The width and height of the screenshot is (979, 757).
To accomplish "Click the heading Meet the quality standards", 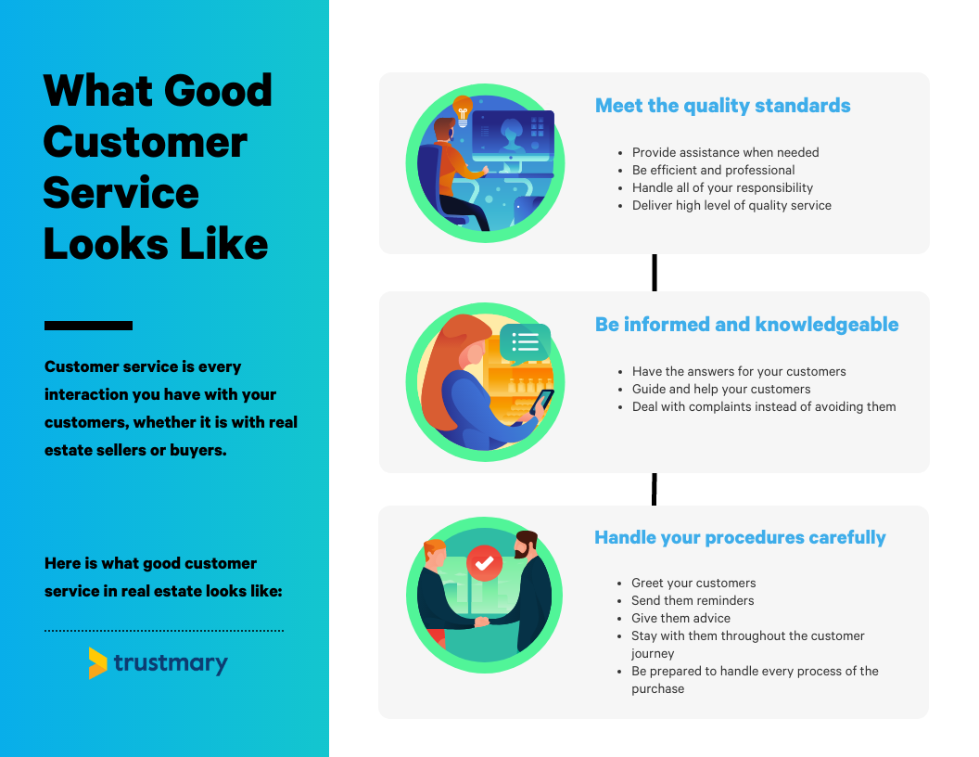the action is click(722, 106).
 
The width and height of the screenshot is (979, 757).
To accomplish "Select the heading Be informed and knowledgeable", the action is click(746, 324).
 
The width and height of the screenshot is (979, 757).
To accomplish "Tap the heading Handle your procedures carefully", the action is click(740, 537).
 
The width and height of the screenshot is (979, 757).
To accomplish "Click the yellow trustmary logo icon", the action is click(97, 662).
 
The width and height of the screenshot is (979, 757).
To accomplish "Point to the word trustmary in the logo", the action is click(171, 663).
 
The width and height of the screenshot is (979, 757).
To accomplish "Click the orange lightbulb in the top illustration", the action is click(463, 110).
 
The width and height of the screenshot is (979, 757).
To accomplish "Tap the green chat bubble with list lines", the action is click(525, 343).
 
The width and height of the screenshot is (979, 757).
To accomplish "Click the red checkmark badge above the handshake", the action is click(485, 563).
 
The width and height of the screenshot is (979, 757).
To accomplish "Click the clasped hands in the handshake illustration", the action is click(482, 622).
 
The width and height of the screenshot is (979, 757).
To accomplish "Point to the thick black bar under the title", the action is click(88, 326).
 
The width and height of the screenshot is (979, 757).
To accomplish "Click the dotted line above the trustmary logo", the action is click(163, 631).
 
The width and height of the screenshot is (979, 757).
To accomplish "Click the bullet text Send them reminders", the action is click(693, 600).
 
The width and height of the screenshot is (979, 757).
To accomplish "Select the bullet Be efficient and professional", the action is click(713, 170).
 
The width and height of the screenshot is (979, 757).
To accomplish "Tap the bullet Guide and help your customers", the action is click(721, 389).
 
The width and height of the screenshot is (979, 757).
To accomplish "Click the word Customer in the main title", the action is click(146, 143).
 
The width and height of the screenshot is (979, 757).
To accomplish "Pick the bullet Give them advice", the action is click(680, 618).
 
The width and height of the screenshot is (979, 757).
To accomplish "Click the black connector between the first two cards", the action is click(655, 273).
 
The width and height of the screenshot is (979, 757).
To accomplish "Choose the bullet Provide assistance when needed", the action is click(726, 152).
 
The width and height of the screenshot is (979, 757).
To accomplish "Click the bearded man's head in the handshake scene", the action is click(527, 544).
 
